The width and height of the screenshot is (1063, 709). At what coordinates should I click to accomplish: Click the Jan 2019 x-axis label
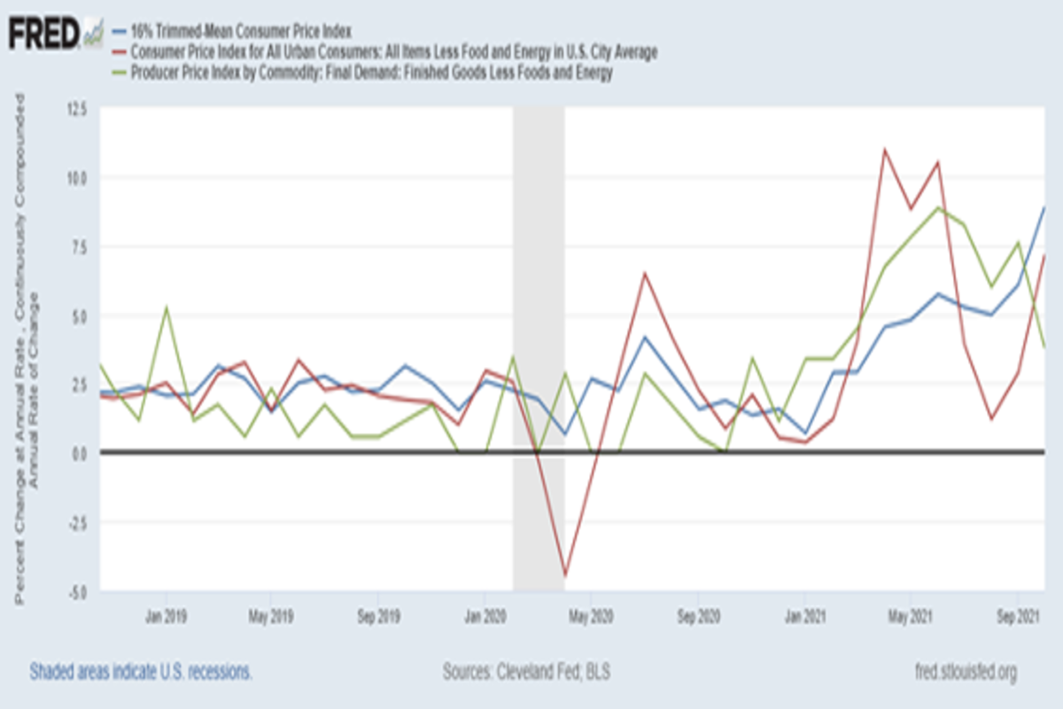coord(165,614)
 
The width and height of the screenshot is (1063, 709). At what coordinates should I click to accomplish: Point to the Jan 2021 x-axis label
coord(803,614)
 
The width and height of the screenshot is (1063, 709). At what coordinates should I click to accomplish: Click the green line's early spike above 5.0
coord(166,308)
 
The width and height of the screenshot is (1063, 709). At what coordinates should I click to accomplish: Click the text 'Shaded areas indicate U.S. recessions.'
coord(141,671)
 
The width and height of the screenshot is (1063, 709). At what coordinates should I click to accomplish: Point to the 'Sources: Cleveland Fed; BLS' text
coord(526,671)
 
